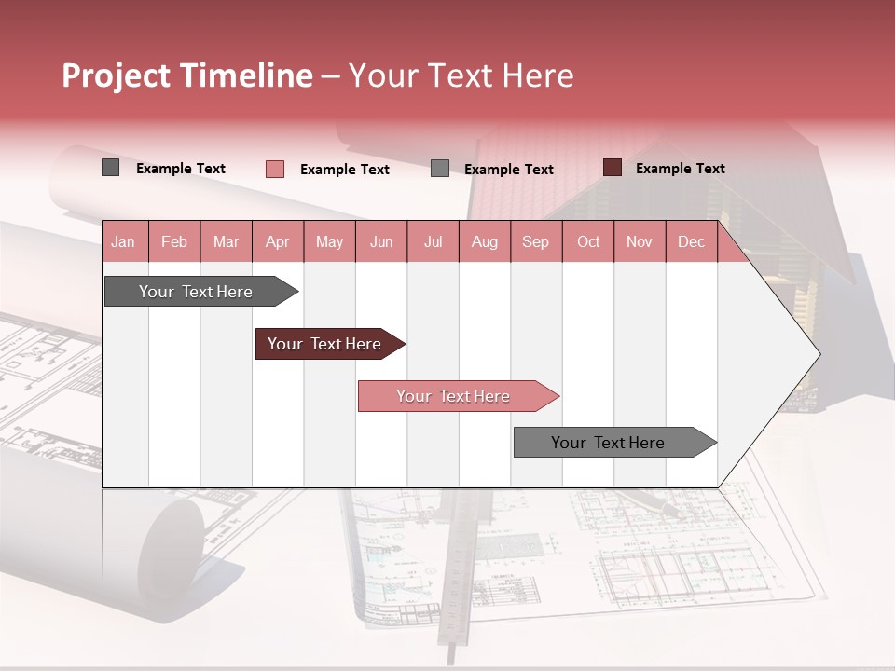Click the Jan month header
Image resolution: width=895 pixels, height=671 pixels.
[123, 241]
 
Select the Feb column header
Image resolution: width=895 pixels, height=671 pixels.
[174, 241]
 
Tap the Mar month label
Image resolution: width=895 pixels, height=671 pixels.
[226, 241]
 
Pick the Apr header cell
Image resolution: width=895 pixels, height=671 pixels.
[277, 241]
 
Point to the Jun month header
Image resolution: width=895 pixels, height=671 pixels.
[381, 241]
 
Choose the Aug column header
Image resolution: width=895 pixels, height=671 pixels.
[484, 241]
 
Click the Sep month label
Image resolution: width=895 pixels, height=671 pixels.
[535, 241]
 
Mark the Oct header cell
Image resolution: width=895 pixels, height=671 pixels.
[588, 241]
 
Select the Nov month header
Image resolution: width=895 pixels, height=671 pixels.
[640, 241]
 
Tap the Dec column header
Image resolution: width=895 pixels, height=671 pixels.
[691, 241]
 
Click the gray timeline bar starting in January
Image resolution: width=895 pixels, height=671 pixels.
[197, 292]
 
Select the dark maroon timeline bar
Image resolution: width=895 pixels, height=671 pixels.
[325, 344]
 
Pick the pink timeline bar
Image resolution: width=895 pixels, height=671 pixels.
[454, 396]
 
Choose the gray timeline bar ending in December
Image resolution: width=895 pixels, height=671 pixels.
[609, 443]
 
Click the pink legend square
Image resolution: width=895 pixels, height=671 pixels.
[274, 169]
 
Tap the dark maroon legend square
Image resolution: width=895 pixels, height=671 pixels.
[613, 168]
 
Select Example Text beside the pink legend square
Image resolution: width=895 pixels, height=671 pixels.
[344, 170]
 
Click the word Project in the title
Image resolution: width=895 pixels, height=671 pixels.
[116, 75]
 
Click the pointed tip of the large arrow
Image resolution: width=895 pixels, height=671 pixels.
[818, 354]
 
